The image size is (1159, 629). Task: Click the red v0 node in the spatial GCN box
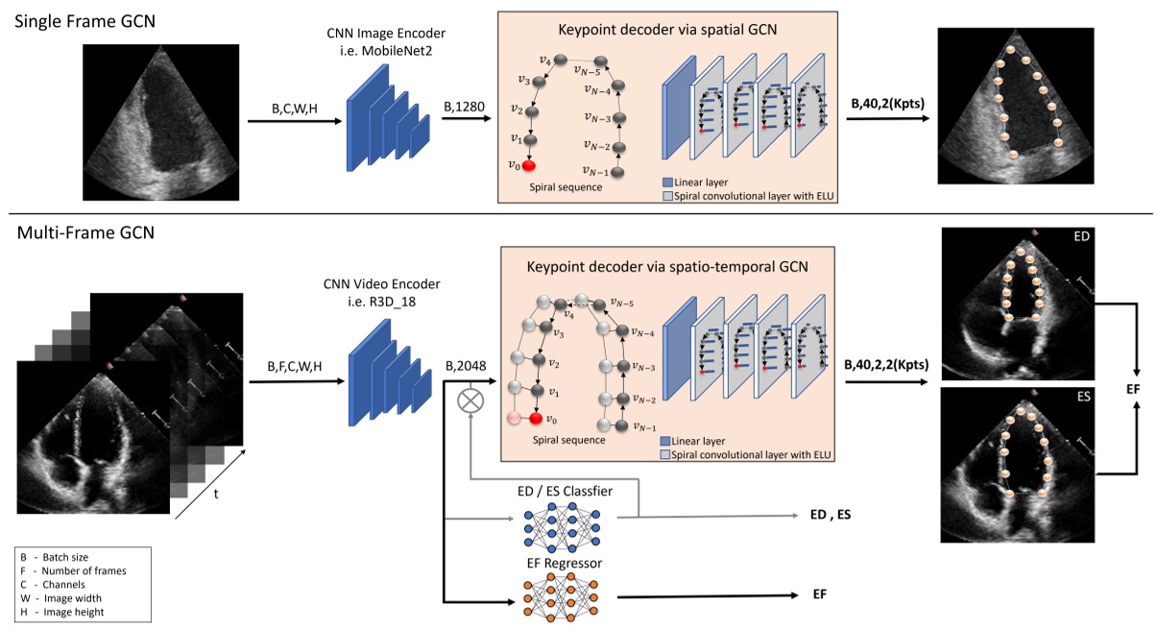click(x=529, y=164)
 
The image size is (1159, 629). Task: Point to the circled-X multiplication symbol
click(x=471, y=401)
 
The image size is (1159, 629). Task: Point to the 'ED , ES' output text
click(x=830, y=516)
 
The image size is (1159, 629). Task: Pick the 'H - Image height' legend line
click(x=63, y=612)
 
